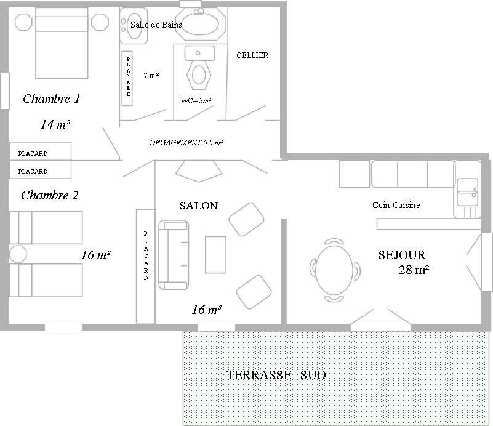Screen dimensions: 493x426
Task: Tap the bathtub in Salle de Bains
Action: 201,24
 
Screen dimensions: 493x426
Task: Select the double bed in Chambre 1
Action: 62,43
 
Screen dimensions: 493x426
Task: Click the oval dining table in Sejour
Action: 335,270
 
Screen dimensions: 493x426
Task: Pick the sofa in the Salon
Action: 174,255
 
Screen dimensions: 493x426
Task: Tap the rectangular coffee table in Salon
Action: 215,255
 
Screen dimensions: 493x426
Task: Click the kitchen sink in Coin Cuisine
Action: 468,192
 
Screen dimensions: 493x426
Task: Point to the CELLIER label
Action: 252,55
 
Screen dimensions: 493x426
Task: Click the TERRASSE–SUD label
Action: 276,375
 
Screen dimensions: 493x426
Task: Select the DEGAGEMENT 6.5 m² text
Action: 186,142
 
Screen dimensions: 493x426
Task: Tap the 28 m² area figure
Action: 414,270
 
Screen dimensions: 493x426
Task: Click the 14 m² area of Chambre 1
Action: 55,124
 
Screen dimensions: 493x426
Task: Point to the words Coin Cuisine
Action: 396,205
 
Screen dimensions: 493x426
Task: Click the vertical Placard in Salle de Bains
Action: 127,78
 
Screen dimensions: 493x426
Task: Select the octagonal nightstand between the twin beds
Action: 18,254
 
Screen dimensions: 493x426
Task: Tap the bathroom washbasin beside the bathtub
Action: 134,26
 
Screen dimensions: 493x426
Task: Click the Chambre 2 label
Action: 50,195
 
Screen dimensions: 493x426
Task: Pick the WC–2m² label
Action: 196,100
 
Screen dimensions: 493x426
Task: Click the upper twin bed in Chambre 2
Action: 46,228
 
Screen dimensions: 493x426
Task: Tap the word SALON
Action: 198,206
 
